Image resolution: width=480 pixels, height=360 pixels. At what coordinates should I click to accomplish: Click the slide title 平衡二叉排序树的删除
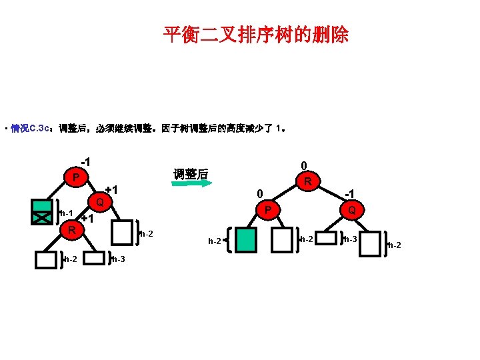coord(256,35)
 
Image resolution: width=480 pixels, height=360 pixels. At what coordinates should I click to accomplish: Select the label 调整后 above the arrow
coord(191,174)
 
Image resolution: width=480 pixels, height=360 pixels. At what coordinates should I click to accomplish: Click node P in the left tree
coord(77,178)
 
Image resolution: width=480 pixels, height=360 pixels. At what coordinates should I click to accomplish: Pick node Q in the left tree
coord(99,201)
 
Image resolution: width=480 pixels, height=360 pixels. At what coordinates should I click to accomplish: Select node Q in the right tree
coord(351,210)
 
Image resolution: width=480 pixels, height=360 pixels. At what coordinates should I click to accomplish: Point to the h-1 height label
coord(65,213)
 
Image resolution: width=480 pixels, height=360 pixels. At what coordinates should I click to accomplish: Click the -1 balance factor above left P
coord(85,162)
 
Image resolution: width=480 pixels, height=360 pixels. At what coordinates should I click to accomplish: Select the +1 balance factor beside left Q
coord(111,191)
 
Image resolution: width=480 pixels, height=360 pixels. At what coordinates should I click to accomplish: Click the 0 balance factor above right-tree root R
coord(303,165)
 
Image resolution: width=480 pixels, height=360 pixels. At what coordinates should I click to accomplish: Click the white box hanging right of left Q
coord(123,233)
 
